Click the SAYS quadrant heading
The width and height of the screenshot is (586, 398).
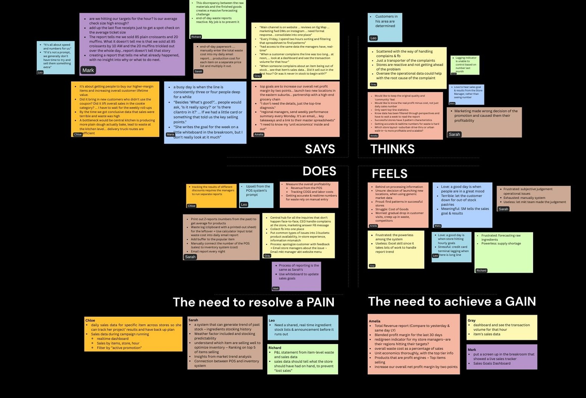click(320, 149)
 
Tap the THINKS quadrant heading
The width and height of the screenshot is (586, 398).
click(392, 149)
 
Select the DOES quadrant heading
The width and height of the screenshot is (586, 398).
click(319, 171)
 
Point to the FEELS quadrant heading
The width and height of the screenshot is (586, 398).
click(389, 174)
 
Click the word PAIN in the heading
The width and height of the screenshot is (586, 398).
click(320, 302)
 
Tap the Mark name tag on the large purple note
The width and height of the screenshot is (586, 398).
click(88, 70)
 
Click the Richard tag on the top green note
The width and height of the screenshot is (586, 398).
click(196, 37)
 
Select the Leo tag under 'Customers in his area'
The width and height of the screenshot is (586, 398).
click(373, 38)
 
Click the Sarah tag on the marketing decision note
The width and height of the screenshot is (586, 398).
click(454, 134)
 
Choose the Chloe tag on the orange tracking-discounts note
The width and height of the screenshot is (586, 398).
click(191, 206)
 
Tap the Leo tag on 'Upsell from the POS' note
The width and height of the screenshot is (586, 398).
click(244, 205)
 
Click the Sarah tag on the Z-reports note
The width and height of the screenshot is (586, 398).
click(190, 257)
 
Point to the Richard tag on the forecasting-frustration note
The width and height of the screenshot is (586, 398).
click(481, 271)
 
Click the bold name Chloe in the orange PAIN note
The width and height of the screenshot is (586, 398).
click(90, 320)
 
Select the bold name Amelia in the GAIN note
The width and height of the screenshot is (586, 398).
click(374, 321)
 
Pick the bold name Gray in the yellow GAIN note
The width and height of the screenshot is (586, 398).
click(471, 320)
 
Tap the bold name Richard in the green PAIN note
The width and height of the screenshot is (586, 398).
click(275, 348)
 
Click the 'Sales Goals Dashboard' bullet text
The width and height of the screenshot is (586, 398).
click(492, 363)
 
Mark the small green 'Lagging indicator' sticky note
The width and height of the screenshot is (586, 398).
click(465, 65)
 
